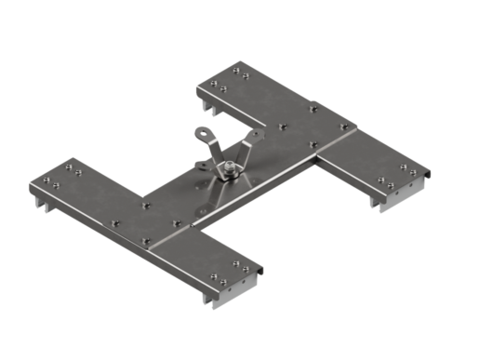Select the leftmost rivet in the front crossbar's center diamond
(x=114, y=223)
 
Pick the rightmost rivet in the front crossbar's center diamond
(x=177, y=222)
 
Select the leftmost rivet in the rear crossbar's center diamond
(x=282, y=125)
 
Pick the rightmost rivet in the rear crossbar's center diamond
(x=343, y=127)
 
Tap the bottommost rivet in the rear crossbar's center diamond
(x=313, y=144)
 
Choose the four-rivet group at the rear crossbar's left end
(x=229, y=78)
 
